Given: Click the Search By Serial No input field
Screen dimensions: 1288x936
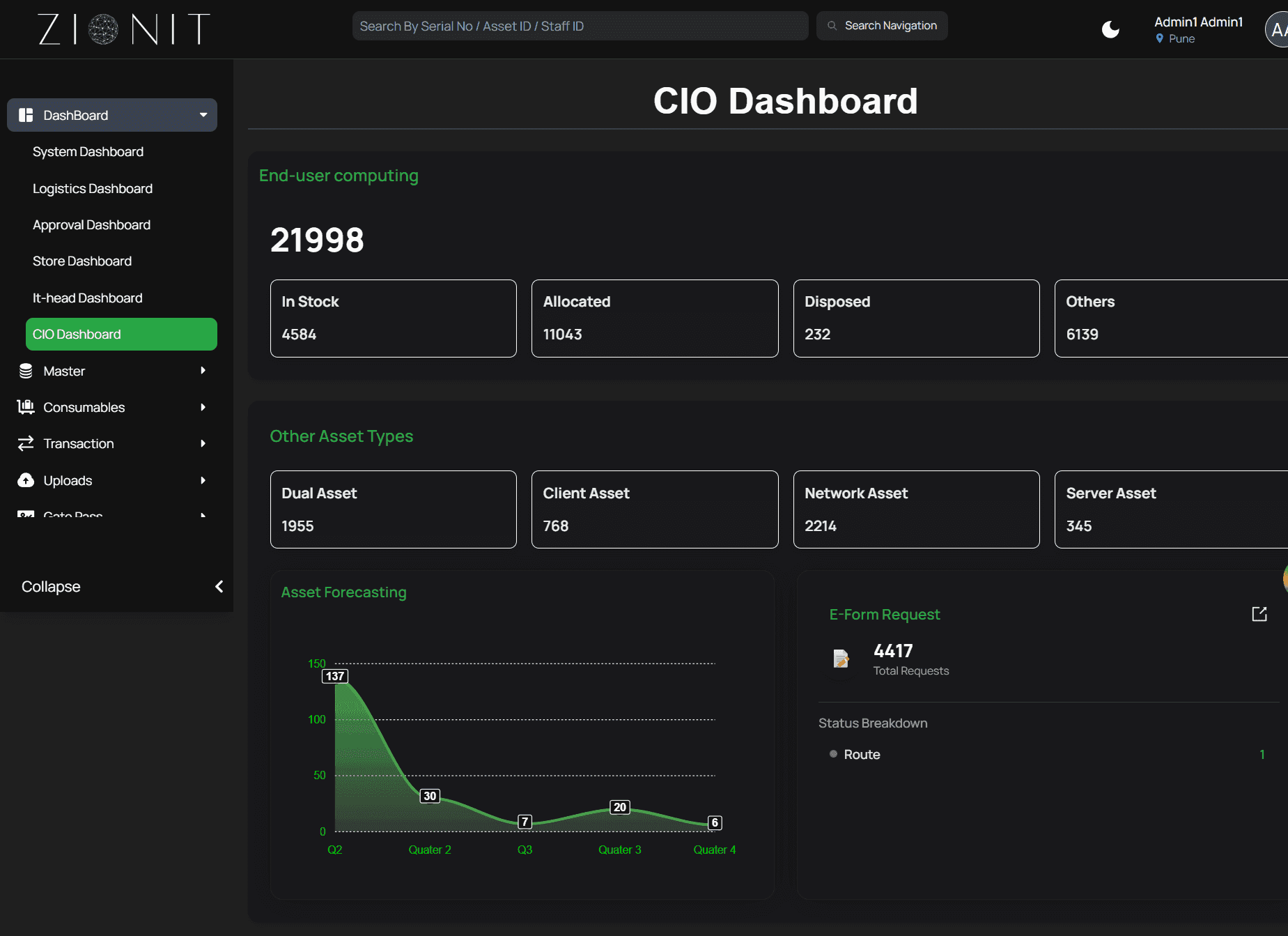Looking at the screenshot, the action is (x=580, y=26).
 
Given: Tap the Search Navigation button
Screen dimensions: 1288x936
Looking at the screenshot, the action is (x=882, y=26).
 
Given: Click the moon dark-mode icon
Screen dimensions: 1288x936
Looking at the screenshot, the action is (x=1110, y=29).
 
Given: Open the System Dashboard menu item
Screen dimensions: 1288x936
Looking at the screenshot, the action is (x=88, y=152).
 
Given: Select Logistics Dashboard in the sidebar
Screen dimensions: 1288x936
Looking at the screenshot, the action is (x=93, y=189).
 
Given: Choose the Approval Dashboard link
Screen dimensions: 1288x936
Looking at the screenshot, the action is (x=91, y=225).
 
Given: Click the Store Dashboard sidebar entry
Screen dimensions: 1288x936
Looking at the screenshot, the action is (x=82, y=261).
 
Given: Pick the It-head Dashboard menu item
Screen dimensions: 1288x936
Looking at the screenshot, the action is (x=88, y=298).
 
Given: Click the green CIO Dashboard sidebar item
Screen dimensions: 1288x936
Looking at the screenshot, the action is (x=121, y=335).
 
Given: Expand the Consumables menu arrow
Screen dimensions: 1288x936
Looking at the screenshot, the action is (x=203, y=407).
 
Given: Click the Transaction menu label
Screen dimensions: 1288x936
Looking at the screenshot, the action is (x=79, y=444).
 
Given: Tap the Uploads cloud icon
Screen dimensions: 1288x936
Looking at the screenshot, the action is (x=26, y=480).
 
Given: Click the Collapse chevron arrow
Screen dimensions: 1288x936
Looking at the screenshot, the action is (x=219, y=587).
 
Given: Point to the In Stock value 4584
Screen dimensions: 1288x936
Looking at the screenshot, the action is (x=299, y=335).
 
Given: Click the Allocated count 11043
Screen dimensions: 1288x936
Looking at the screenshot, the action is (x=562, y=335).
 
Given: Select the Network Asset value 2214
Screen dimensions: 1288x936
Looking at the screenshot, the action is (x=821, y=526).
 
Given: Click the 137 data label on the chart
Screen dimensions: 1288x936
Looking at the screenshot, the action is (x=335, y=676).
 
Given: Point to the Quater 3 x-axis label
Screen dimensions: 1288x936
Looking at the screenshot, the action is (x=620, y=850).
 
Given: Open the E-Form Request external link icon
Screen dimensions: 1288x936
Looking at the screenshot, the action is (x=1259, y=614).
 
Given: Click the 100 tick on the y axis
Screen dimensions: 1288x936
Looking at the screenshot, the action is (x=317, y=719).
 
